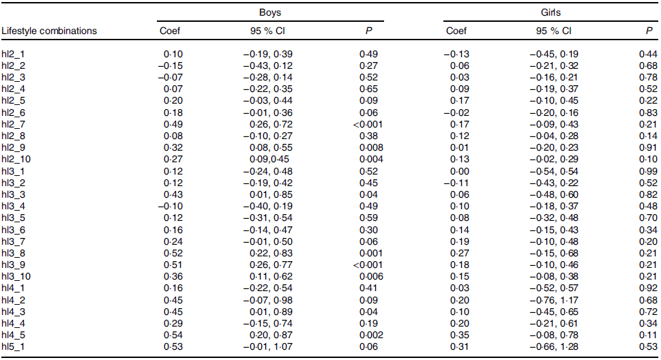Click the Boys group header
tap(270, 13)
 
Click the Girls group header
tap(550, 13)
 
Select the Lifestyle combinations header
tap(49, 31)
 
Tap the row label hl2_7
tap(13, 125)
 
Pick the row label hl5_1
tap(13, 347)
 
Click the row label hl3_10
tap(16, 277)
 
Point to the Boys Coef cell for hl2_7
tap(173, 124)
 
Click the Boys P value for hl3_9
tap(368, 265)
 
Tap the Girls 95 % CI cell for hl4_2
tap(554, 300)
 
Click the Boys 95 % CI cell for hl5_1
tap(267, 346)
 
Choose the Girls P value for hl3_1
tap(648, 171)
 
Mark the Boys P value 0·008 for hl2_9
tap(371, 147)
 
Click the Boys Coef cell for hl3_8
tap(173, 253)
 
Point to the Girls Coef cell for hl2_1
tap(456, 54)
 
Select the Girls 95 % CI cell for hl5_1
tap(554, 346)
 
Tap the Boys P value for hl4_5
tap(371, 335)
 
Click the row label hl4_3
tap(13, 312)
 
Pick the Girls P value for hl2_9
tap(648, 147)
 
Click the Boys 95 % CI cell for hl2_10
tap(269, 159)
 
